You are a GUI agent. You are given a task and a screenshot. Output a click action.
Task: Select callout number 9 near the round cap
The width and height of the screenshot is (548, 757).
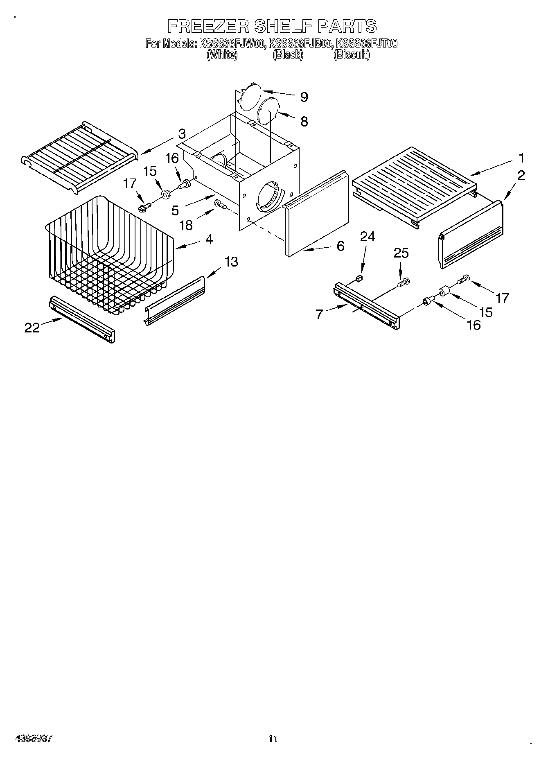coord(304,97)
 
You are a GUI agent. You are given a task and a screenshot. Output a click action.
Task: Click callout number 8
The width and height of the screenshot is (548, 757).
coord(304,121)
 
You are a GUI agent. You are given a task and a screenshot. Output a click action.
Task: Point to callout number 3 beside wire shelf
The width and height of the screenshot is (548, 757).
coord(182,134)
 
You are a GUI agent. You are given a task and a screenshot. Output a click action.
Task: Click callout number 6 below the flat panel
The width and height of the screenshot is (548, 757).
coord(340,246)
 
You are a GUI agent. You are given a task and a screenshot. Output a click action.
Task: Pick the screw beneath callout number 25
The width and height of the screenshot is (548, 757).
coord(404,282)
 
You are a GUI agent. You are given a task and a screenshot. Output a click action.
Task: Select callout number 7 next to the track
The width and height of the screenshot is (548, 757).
coord(319,314)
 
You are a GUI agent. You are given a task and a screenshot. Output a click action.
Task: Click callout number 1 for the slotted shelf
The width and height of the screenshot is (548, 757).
coord(521,158)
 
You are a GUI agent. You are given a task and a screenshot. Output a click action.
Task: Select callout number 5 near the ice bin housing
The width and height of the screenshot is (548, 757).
coord(175,210)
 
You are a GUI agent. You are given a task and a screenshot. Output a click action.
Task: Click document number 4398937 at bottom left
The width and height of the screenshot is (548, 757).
coord(34,739)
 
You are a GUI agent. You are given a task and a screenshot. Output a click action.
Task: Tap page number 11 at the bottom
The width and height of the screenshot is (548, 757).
coord(273,739)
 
